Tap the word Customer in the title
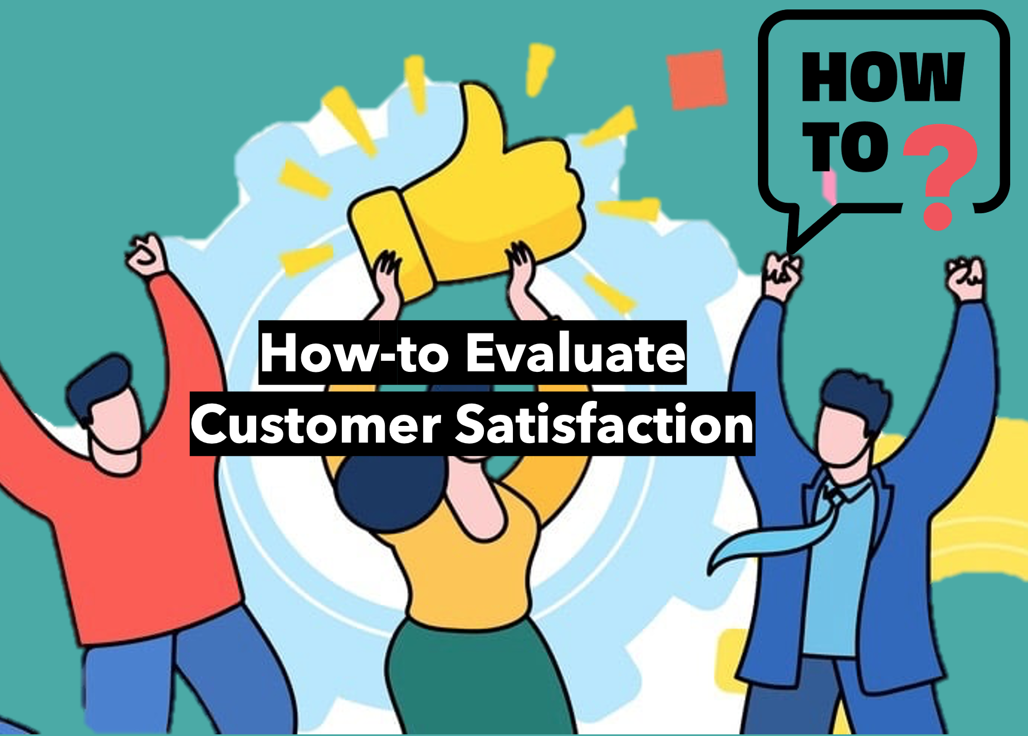(x=316, y=425)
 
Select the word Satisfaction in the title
(x=605, y=424)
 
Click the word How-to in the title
(x=355, y=353)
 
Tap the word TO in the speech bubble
(x=845, y=146)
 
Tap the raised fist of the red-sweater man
(x=146, y=254)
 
